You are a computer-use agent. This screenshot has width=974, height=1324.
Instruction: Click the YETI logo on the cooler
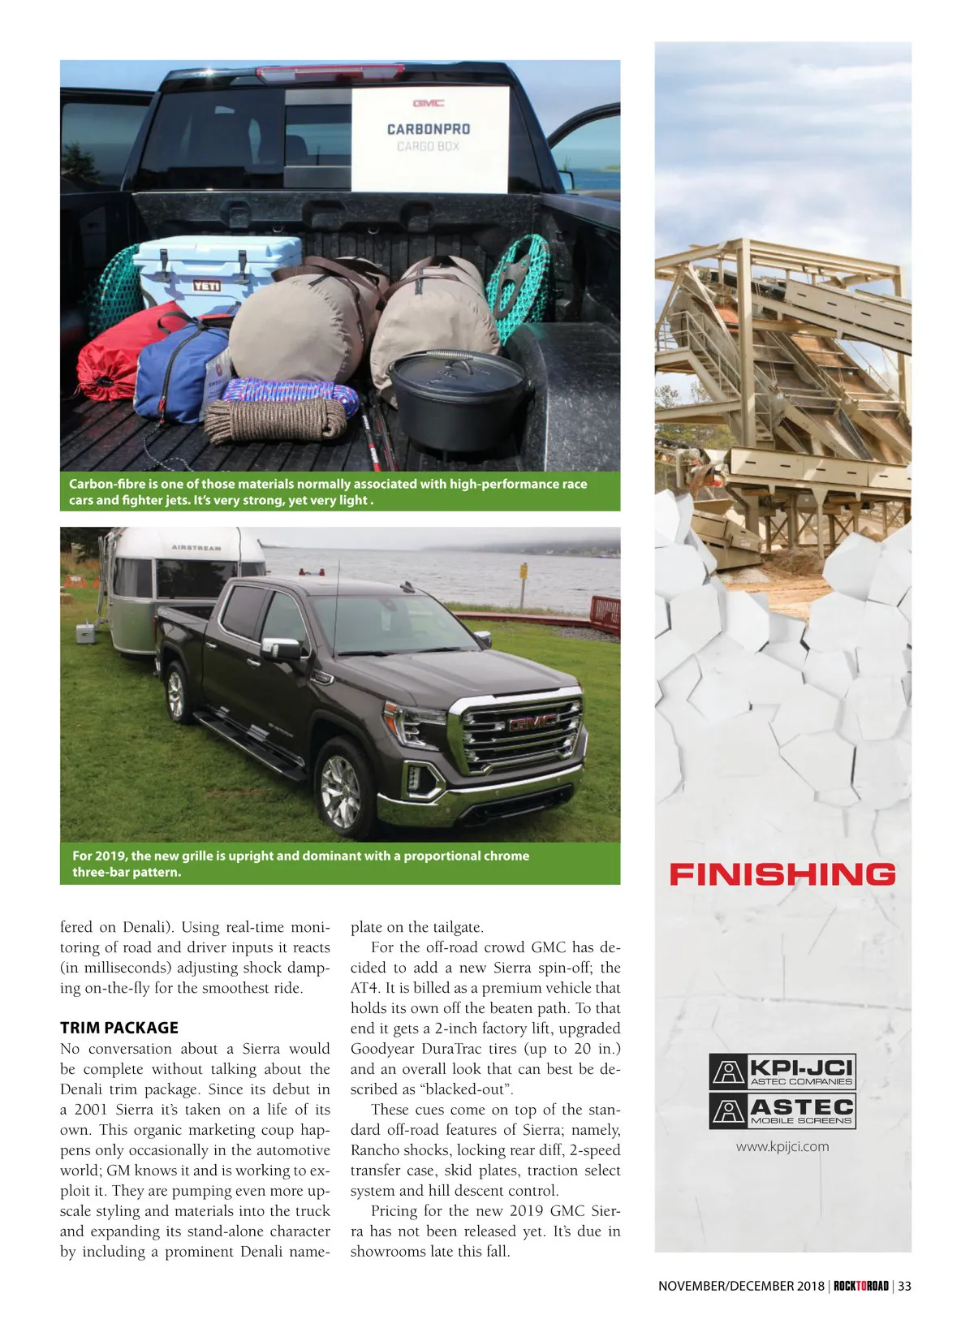pyautogui.click(x=206, y=286)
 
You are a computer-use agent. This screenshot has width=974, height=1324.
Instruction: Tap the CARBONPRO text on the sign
pyautogui.click(x=429, y=129)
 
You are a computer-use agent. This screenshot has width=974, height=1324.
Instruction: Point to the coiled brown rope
pyautogui.click(x=275, y=419)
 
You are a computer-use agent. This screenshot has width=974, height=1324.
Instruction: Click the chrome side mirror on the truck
pyautogui.click(x=281, y=649)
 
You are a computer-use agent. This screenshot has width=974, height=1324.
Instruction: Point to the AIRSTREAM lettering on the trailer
pyautogui.click(x=196, y=548)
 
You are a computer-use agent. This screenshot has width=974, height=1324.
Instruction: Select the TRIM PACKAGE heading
pyautogui.click(x=119, y=1028)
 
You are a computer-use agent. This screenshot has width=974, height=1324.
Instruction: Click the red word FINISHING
pyautogui.click(x=782, y=874)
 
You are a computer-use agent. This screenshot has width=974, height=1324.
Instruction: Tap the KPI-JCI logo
pyautogui.click(x=782, y=1071)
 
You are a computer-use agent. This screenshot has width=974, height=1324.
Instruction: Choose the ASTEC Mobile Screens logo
pyautogui.click(x=782, y=1111)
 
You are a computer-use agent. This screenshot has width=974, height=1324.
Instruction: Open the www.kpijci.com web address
pyautogui.click(x=782, y=1147)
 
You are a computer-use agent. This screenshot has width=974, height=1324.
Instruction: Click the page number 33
pyautogui.click(x=904, y=1286)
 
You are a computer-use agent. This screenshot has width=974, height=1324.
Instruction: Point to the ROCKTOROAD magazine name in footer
pyautogui.click(x=861, y=1286)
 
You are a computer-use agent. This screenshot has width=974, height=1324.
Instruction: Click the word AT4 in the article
pyautogui.click(x=361, y=988)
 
